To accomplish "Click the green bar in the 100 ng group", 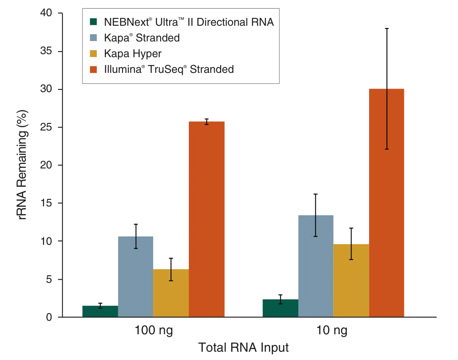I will click(100, 310).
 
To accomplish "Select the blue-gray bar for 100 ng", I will click(135, 275).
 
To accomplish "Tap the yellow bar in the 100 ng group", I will click(171, 292).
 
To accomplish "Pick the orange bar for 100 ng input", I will click(207, 218).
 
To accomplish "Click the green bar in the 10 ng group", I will click(280, 307).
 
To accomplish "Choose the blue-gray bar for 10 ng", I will click(316, 264).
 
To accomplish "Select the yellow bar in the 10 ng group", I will click(351, 279).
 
